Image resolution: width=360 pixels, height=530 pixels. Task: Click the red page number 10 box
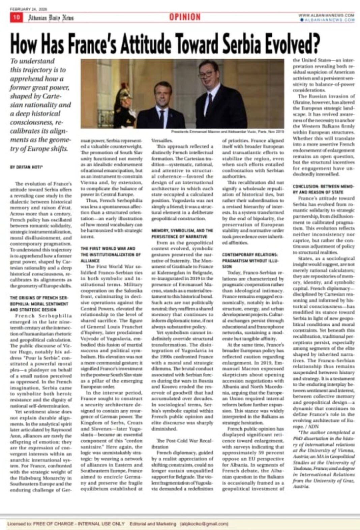tap(16, 17)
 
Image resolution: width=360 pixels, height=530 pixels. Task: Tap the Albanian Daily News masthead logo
tap(51, 18)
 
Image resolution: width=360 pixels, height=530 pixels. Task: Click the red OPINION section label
tap(185, 17)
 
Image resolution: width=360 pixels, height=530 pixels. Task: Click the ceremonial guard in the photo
tap(125, 108)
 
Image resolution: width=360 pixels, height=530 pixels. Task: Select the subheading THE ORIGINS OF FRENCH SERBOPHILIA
tap(39, 304)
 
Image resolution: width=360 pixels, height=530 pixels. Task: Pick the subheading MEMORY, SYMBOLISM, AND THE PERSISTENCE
tap(182, 233)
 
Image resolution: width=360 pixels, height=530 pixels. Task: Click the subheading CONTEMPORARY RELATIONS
tap(250, 260)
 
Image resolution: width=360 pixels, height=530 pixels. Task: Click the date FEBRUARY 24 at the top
tap(28, 9)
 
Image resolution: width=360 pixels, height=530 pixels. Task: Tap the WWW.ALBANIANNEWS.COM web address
tap(326, 15)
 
